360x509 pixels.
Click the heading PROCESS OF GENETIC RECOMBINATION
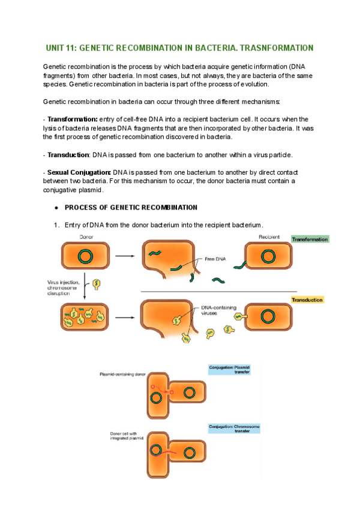click(x=131, y=208)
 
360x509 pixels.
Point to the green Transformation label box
click(x=310, y=239)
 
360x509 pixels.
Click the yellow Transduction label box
click(x=307, y=300)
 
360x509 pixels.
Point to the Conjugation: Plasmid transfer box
click(x=233, y=369)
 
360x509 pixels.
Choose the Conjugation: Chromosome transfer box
click(x=233, y=429)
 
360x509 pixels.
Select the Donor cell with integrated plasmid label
click(x=124, y=436)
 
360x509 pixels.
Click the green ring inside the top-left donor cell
click(x=85, y=256)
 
